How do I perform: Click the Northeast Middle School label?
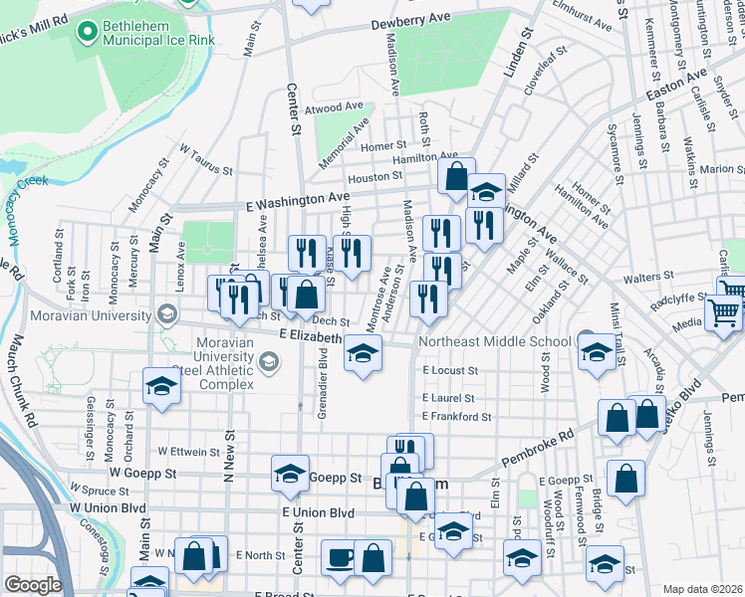tap(494, 341)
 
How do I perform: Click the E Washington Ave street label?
tap(298, 201)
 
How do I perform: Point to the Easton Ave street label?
tap(663, 88)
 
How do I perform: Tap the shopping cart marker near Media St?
tap(723, 313)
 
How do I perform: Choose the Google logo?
tap(33, 585)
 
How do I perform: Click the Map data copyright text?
tap(703, 588)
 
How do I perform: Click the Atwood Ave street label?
tap(336, 106)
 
